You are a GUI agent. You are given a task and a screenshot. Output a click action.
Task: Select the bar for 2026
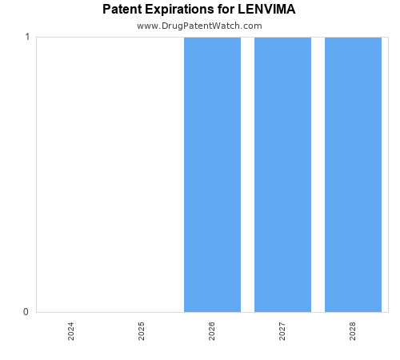pos(212,174)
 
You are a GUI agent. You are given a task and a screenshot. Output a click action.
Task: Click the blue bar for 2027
pos(282,174)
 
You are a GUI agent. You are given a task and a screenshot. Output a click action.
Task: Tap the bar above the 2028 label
pos(353,174)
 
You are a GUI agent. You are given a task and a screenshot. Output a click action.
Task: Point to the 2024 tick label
pos(71,331)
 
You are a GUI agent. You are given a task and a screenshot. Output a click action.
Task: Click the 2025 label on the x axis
pos(142,331)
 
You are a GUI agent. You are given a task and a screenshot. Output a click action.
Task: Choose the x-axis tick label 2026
pos(212,331)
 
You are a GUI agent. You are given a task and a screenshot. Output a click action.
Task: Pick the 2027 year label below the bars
pos(282,331)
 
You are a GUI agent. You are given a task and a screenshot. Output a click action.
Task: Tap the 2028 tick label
pos(353,331)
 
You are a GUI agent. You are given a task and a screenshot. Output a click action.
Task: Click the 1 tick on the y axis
pos(27,38)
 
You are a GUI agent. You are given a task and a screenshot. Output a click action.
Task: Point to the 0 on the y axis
pos(27,312)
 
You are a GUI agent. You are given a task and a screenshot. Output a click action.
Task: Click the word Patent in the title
pos(122,10)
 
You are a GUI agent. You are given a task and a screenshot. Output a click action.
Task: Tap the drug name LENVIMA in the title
pos(266,10)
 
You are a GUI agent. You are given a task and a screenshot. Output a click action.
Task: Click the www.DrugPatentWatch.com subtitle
pos(199,26)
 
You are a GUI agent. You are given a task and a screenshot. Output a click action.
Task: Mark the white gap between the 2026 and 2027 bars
pos(247,174)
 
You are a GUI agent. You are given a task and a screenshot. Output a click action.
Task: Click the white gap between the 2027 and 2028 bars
pos(318,174)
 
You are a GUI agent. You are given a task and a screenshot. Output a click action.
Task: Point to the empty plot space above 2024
pos(71,174)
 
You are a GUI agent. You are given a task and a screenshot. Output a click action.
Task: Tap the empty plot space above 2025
pos(142,174)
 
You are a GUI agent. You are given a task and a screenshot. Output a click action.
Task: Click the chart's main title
pos(199,10)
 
